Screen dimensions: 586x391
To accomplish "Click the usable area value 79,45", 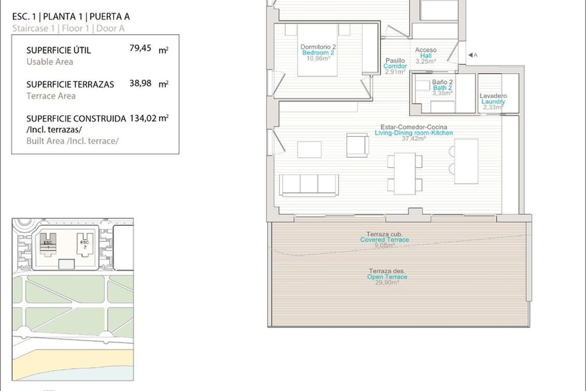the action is pos(140,48).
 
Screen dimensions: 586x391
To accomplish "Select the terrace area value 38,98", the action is pos(141,83).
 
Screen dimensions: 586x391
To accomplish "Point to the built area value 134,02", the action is pos(143,118).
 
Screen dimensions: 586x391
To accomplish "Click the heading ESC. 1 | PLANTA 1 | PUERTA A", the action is pos(71,17).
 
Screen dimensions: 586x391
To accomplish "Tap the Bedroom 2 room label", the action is pos(318,53).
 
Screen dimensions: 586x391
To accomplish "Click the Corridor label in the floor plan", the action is pos(395,66).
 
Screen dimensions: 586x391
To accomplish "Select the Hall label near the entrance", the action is pos(426,56).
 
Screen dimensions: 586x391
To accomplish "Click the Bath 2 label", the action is pos(442,88).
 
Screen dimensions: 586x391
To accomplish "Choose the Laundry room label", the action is pos(493,102).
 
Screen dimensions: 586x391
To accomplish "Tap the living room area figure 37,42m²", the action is pos(414,138).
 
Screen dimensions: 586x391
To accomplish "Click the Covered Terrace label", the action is pos(385,239).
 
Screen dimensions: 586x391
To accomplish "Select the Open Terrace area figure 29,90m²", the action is pos(387,282).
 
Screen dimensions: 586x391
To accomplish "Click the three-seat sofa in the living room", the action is pos(309,185).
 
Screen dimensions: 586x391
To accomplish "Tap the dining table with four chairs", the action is pos(405,174).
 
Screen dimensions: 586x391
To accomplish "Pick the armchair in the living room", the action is pos(357,145).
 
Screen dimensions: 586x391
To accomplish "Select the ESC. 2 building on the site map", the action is pos(85,245).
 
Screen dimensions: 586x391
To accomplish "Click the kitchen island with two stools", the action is pos(463,161).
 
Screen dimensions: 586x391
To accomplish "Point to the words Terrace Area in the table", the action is pos(51,96).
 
